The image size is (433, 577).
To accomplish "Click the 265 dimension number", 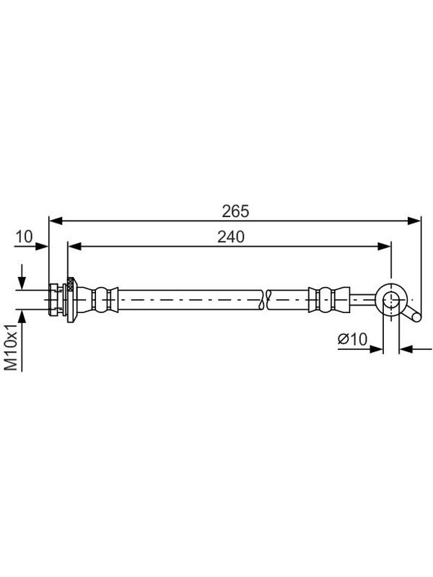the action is [x=235, y=211].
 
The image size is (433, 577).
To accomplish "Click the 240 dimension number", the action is [x=230, y=237].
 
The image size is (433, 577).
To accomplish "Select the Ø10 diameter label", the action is [x=352, y=339].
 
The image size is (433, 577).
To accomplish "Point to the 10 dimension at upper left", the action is [x=24, y=237].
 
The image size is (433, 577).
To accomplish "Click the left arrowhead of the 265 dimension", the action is [x=56, y=221].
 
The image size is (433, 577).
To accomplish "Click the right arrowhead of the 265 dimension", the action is [x=414, y=221].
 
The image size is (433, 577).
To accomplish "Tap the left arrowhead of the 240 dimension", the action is [x=74, y=246].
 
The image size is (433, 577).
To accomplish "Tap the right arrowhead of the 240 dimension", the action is [x=384, y=246].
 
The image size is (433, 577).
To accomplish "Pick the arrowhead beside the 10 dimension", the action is [x=42, y=246].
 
